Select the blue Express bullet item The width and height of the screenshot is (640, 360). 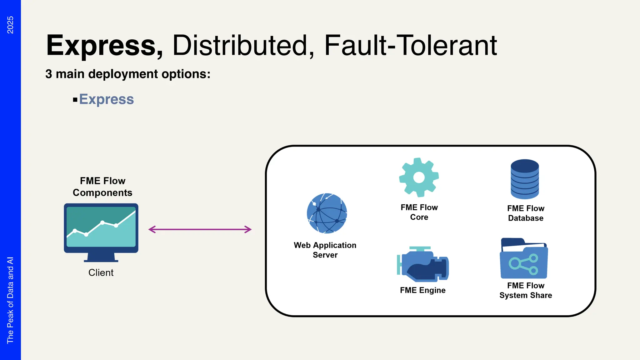(x=106, y=99)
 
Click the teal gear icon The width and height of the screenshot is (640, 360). (x=419, y=177)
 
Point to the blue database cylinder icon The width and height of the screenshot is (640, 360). (x=525, y=179)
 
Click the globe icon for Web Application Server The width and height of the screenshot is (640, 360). (x=327, y=213)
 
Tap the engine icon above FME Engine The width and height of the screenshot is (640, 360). (x=422, y=265)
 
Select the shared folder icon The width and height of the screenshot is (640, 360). (x=524, y=259)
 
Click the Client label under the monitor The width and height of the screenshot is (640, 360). (x=101, y=272)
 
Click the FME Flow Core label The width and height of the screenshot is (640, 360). (x=419, y=212)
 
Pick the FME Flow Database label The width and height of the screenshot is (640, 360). (x=526, y=213)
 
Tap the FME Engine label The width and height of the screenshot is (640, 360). (x=422, y=290)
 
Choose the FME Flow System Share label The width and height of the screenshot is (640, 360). (x=526, y=290)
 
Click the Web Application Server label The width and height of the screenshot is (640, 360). (x=325, y=250)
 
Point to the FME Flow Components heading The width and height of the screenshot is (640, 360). (x=102, y=187)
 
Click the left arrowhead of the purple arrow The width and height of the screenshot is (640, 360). (x=151, y=230)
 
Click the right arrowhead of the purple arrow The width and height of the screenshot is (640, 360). (x=248, y=230)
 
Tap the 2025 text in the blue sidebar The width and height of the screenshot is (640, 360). (x=10, y=25)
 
